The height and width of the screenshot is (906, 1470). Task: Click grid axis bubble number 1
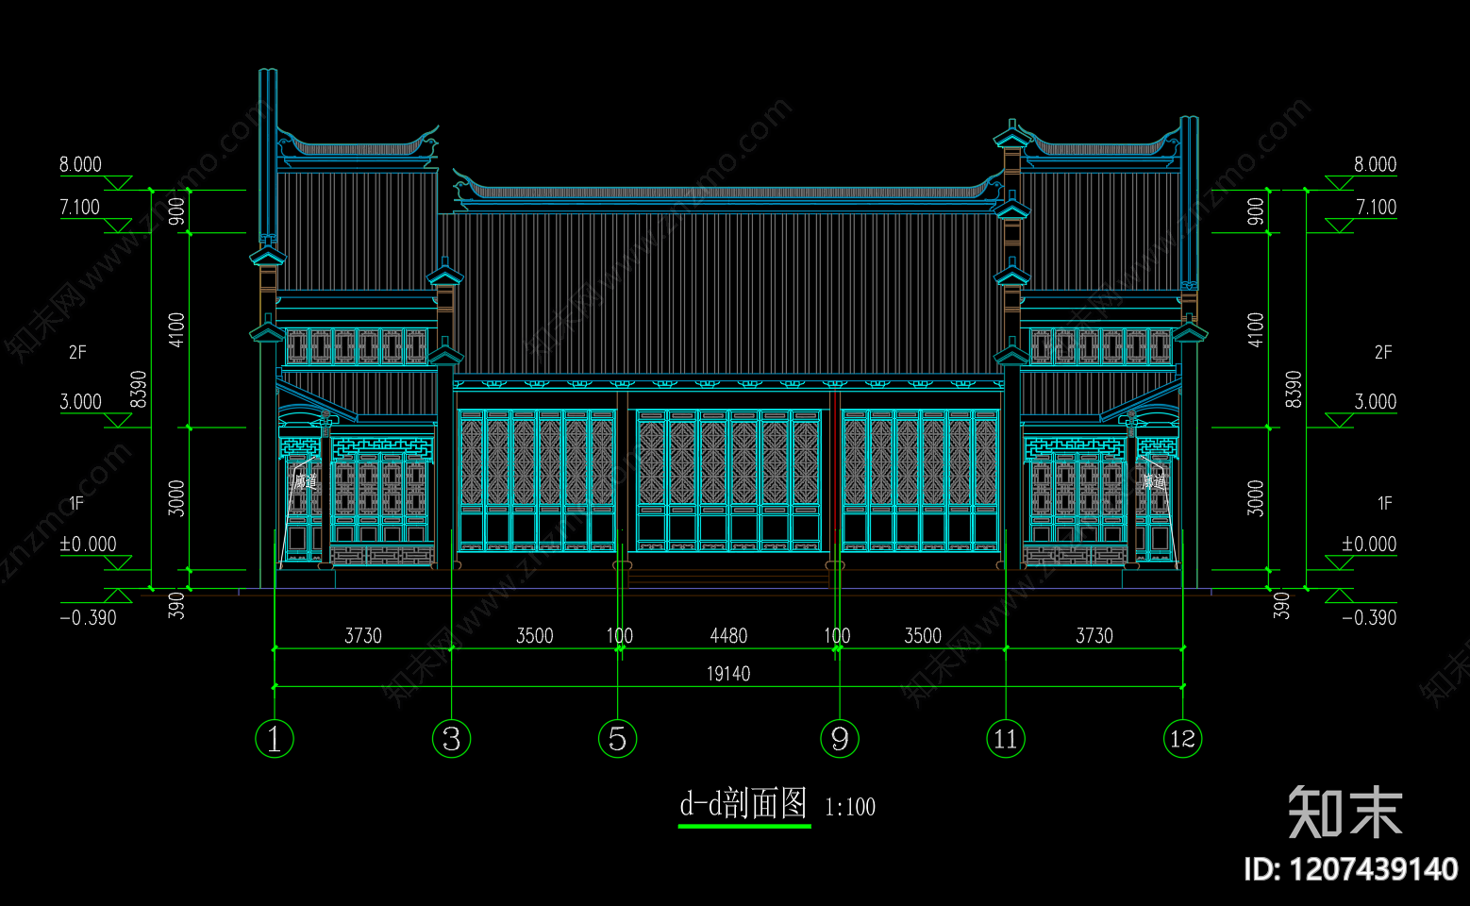(x=275, y=738)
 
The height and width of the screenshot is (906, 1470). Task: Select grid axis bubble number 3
(x=451, y=738)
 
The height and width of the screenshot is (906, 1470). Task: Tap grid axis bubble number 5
(x=617, y=738)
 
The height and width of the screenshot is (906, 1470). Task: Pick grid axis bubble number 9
(x=840, y=738)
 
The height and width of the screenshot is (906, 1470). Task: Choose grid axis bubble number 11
(x=1006, y=738)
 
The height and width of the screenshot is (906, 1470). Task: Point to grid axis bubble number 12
(x=1182, y=738)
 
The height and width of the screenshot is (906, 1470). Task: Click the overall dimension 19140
(x=728, y=674)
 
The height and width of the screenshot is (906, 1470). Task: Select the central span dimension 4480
(x=728, y=636)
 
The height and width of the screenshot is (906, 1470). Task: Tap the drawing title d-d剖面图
(x=743, y=804)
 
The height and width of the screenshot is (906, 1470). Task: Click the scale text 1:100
(x=850, y=808)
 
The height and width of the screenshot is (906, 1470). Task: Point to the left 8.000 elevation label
(x=80, y=164)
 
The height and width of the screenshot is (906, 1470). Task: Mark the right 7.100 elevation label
(x=1376, y=207)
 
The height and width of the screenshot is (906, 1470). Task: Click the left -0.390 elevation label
(x=88, y=618)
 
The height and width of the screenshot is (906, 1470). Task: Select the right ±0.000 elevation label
(x=1369, y=544)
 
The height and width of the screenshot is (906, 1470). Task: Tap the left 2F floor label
(x=77, y=352)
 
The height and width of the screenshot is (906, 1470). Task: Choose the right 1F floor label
(x=1384, y=503)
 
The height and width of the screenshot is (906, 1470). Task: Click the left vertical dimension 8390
(x=139, y=389)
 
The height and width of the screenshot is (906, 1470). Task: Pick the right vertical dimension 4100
(x=1255, y=329)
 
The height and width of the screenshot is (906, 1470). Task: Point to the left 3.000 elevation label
(x=81, y=402)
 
